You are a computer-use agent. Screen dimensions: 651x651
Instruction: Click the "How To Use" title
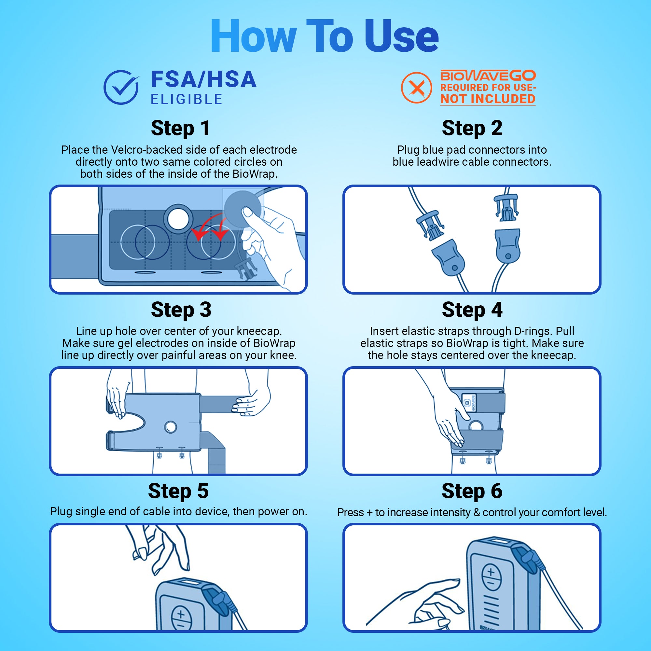pyautogui.click(x=325, y=36)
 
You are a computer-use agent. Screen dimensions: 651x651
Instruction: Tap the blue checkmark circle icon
pyautogui.click(x=121, y=87)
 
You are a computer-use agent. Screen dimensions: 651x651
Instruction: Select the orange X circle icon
pyautogui.click(x=417, y=88)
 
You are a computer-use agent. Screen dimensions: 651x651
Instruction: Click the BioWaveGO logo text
pyautogui.click(x=488, y=76)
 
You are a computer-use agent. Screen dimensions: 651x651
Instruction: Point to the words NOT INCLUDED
pyautogui.click(x=488, y=99)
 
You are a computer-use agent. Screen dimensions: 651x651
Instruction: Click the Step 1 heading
pyautogui.click(x=181, y=128)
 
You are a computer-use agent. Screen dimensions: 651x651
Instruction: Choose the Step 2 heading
pyautogui.click(x=472, y=128)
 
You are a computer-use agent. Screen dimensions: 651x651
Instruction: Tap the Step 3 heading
pyautogui.click(x=181, y=310)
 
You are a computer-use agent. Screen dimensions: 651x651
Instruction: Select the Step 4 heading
pyautogui.click(x=472, y=310)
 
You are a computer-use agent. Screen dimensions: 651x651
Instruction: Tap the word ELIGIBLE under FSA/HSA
pyautogui.click(x=187, y=99)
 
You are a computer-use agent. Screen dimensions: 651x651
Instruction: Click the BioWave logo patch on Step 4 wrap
pyautogui.click(x=469, y=402)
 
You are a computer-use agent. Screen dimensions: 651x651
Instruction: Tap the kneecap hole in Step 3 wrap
pyautogui.click(x=171, y=427)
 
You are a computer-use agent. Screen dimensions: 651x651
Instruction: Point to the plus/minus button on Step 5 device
pyautogui.click(x=182, y=618)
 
